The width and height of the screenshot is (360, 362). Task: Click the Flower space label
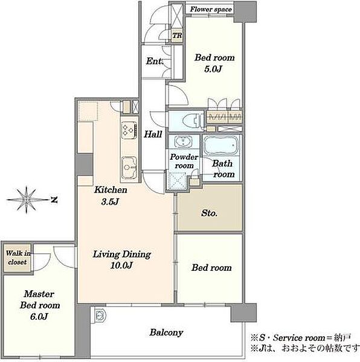click(211, 10)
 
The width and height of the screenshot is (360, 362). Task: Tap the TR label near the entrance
click(177, 36)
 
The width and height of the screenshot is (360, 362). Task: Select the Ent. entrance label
click(155, 61)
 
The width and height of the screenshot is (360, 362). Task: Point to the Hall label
click(153, 134)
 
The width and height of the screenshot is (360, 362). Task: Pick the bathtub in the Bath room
click(221, 145)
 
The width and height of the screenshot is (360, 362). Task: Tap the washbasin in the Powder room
click(183, 141)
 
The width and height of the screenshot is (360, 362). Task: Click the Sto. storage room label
click(209, 213)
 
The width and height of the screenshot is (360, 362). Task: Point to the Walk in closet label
click(18, 258)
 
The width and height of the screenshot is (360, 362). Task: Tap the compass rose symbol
click(27, 200)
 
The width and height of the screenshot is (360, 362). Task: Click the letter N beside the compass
click(54, 200)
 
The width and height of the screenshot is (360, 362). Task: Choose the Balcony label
click(166, 332)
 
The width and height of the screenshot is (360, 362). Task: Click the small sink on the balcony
click(100, 315)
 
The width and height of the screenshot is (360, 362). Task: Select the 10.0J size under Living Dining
click(121, 265)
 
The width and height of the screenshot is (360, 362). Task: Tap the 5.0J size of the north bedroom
click(213, 69)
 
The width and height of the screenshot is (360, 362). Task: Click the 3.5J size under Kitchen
click(110, 202)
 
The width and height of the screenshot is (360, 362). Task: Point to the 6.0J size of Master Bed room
click(39, 316)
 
